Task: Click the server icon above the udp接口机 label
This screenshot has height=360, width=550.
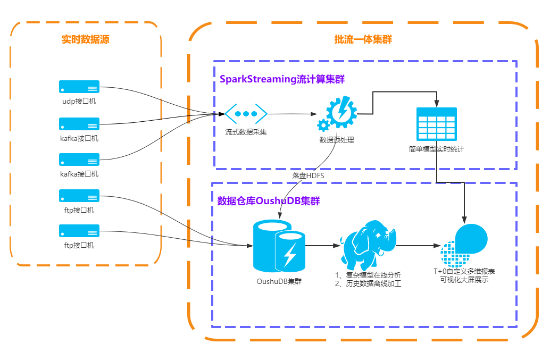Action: click(79, 87)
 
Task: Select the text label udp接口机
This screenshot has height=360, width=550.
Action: click(79, 101)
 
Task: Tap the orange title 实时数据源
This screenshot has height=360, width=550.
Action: click(86, 39)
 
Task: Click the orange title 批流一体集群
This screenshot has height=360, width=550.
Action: click(363, 39)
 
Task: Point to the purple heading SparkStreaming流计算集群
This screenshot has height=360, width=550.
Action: click(282, 79)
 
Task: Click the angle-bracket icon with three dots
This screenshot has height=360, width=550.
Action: click(246, 114)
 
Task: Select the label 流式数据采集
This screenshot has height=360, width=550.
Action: click(246, 132)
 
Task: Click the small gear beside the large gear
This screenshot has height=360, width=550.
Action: click(323, 125)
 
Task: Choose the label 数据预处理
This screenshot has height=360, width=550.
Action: click(337, 140)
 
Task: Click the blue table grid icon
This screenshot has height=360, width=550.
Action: click(437, 124)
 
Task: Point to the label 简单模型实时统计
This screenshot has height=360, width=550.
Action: click(437, 149)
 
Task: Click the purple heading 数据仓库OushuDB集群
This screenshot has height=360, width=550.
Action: click(269, 201)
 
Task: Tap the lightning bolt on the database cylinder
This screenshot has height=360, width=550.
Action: click(290, 254)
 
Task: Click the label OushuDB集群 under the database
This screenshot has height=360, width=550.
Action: click(278, 281)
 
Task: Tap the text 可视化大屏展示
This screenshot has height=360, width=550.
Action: click(464, 280)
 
